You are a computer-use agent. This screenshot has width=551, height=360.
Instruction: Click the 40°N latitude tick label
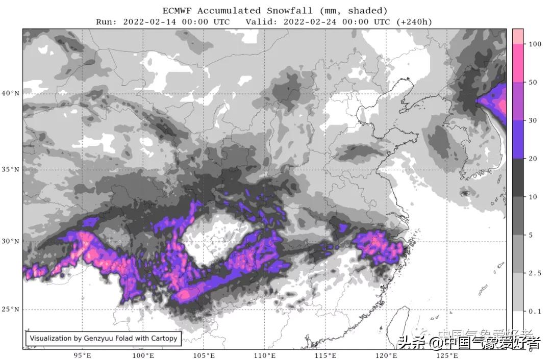tap(10, 93)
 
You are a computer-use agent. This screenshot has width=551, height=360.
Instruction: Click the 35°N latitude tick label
tap(10, 169)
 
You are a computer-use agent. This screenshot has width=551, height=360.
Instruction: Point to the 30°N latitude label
tap(10, 241)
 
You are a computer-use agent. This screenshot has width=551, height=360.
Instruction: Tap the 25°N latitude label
tap(10, 309)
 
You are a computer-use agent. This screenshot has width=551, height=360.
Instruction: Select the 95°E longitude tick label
tap(82, 355)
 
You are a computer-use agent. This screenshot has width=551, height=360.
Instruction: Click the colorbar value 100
tap(535, 44)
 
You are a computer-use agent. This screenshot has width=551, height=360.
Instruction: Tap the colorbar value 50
tap(533, 82)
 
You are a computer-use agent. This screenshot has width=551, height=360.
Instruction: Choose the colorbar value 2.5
tap(534, 273)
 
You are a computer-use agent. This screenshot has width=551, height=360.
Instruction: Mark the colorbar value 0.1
tap(534, 311)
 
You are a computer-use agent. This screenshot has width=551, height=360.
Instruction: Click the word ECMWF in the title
tap(178, 11)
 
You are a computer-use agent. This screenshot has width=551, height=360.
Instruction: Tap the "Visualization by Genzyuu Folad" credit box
tap(104, 338)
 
